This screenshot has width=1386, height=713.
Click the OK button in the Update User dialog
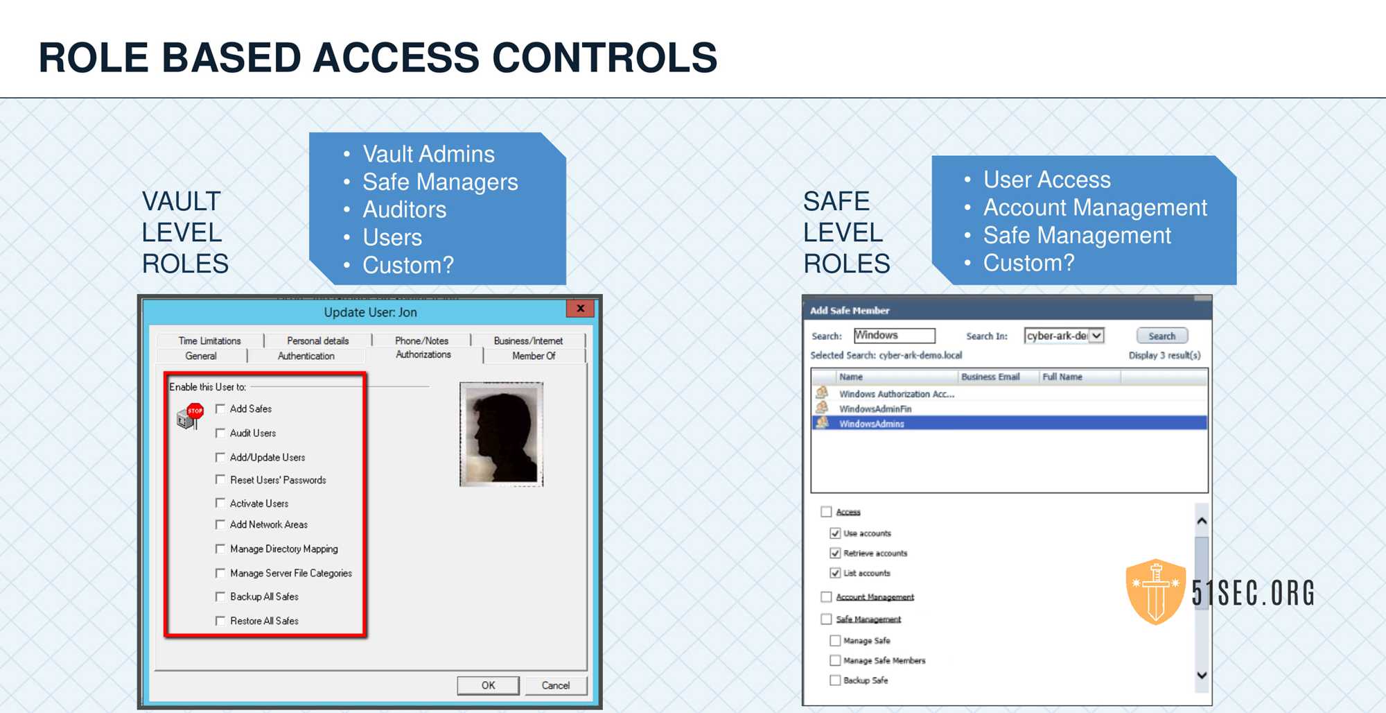pos(488,685)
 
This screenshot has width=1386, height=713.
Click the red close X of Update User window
pos(580,309)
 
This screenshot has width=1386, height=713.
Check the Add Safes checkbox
pos(220,409)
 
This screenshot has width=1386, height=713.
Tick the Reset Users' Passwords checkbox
pos(220,479)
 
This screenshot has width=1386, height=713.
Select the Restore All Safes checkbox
pos(220,621)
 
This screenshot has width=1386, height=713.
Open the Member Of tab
pos(534,356)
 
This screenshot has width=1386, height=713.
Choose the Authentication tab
pos(306,356)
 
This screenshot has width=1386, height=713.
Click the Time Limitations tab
pos(209,341)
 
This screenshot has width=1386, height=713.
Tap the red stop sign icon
pos(195,411)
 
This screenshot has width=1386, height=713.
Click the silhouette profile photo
pos(501,434)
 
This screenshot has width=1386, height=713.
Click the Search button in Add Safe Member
pos(1162,336)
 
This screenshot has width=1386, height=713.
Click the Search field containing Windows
pos(894,336)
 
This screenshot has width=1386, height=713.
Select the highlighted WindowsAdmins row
pos(1009,423)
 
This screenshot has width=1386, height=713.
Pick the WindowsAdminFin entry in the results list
pos(875,409)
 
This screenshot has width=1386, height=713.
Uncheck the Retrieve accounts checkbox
pos(835,553)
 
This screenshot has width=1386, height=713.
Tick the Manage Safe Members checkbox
pos(835,660)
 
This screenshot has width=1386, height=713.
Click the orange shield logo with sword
pos(1156,592)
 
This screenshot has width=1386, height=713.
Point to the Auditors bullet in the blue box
pos(405,209)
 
